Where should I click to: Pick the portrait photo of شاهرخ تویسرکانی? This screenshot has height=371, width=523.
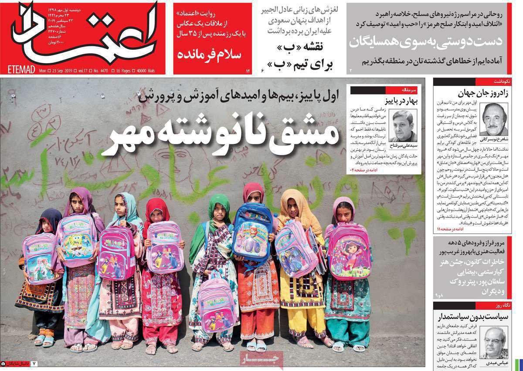[x=494, y=119]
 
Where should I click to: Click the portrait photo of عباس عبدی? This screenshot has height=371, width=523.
[x=494, y=342]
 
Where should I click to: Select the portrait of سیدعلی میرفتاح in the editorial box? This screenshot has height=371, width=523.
[x=403, y=126]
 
